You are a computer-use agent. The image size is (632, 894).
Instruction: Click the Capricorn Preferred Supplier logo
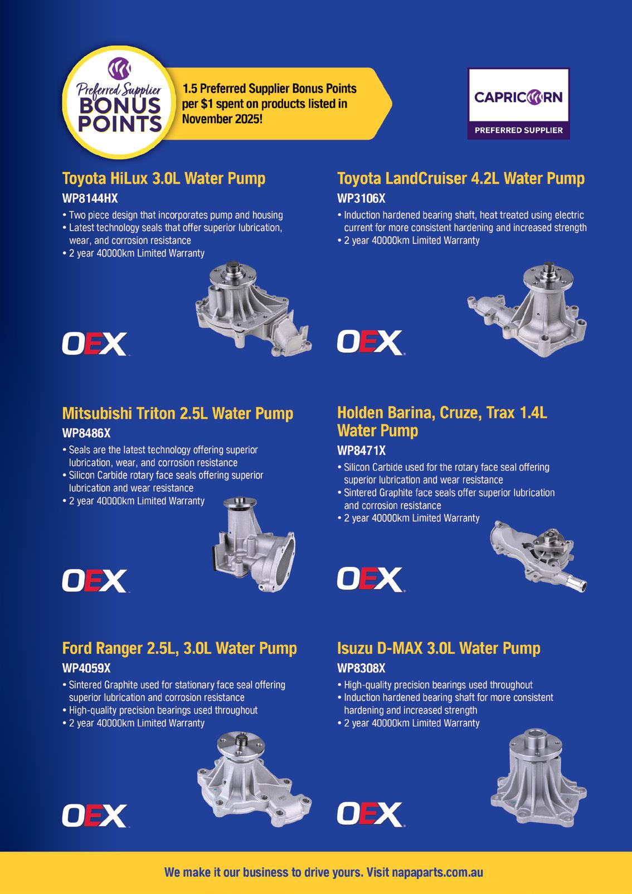(x=519, y=104)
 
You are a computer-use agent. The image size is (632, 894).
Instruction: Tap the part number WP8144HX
(x=90, y=198)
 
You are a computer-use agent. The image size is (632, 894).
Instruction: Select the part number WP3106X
(x=361, y=198)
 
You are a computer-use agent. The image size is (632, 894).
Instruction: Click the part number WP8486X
(x=86, y=433)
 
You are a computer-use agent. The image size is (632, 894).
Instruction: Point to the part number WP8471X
(x=361, y=451)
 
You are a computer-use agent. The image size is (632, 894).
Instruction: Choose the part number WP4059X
(x=86, y=668)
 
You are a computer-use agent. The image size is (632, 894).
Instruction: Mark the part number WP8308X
(x=361, y=668)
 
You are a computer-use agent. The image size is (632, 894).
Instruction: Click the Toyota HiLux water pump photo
(x=253, y=308)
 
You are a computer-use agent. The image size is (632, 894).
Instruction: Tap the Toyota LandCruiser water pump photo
(x=527, y=309)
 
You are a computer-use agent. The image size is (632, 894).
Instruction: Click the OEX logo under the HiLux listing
(x=94, y=344)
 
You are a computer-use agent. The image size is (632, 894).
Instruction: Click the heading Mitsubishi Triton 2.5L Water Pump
(x=178, y=413)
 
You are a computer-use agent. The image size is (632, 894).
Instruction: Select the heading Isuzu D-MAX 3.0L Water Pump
(x=439, y=648)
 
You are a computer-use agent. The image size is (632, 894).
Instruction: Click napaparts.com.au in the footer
(x=437, y=872)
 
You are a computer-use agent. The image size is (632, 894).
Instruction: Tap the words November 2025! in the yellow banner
(x=222, y=119)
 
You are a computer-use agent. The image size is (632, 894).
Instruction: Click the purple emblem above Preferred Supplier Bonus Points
(x=119, y=69)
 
